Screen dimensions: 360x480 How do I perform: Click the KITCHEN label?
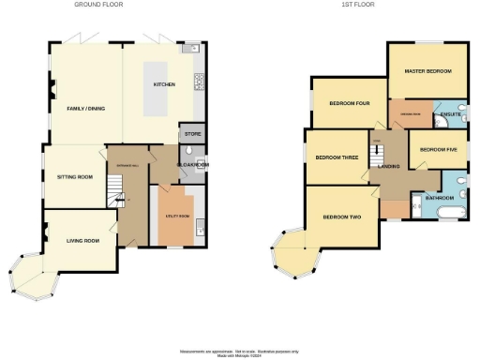(165, 84)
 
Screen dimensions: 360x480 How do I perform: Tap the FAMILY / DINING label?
(85, 109)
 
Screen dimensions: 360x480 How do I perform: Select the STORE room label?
(190, 133)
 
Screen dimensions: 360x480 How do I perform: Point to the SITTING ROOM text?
(74, 175)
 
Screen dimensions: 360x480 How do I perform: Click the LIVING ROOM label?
(82, 241)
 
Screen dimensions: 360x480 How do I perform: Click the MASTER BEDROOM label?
(428, 71)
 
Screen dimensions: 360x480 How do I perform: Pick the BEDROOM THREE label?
(336, 157)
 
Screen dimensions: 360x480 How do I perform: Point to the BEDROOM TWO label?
(342, 217)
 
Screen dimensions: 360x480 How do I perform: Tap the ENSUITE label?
(438, 114)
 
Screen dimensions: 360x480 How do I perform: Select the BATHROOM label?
(440, 198)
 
